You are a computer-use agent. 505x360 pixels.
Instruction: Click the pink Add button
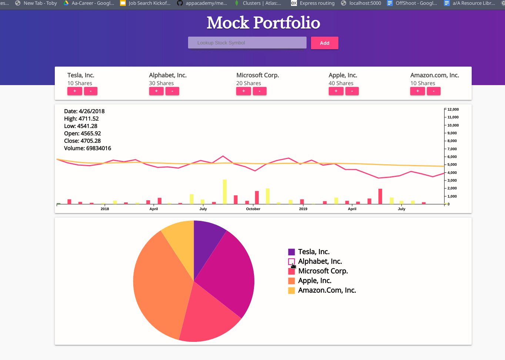coord(324,43)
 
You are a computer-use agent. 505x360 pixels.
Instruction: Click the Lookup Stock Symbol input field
coord(247,43)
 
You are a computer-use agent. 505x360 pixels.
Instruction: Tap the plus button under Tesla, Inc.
coord(75,91)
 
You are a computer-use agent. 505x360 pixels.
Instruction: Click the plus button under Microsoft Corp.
coord(243,91)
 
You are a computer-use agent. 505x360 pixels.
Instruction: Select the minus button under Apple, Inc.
coord(352,91)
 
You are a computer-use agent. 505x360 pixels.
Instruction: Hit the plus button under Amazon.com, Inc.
coord(417,91)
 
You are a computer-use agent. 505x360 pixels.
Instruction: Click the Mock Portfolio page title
coord(263,23)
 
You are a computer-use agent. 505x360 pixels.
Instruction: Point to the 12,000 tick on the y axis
coord(453,110)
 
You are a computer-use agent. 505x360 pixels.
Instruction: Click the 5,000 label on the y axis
coord(452,165)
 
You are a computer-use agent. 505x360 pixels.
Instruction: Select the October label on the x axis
coord(253,209)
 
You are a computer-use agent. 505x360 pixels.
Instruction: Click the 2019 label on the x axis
coord(303,209)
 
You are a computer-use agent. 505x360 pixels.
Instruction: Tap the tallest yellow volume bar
coord(225,192)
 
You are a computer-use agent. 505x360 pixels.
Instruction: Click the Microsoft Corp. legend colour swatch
coord(291,271)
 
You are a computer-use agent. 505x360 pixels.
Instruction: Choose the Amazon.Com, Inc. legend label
coord(327,290)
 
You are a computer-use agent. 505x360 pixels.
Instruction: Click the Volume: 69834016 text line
coord(87,148)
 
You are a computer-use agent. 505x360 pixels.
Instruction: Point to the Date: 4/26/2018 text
coord(84,111)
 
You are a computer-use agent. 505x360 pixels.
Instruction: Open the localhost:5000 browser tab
coord(365,3)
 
